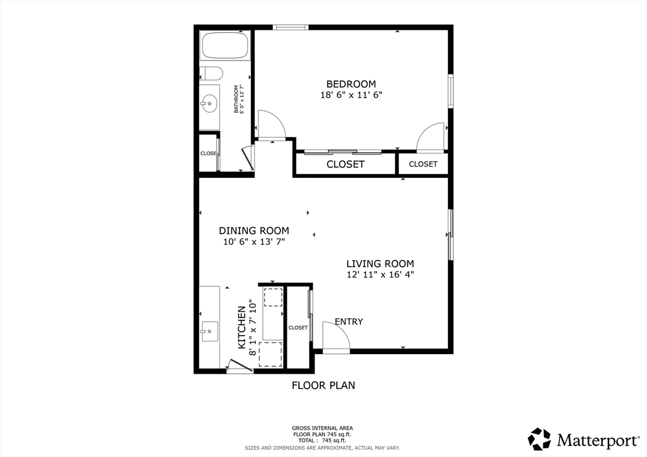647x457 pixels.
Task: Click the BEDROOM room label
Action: tap(351, 84)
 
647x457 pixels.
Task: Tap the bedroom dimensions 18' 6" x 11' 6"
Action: tap(351, 95)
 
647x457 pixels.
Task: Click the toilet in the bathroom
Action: tap(211, 74)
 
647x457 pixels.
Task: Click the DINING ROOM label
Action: tap(254, 231)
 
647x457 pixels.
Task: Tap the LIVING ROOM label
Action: tap(380, 264)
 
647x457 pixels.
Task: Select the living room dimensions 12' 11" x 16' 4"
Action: tap(380, 275)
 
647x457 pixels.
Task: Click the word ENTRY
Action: tap(349, 321)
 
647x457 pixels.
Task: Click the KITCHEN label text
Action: tap(242, 328)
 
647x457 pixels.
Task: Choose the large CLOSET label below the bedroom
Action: tap(346, 164)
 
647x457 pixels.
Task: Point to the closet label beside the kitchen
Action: tap(298, 328)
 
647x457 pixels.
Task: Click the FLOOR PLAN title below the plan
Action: tap(323, 385)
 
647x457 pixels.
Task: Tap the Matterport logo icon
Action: tap(540, 439)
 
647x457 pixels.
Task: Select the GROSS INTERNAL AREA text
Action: tap(322, 428)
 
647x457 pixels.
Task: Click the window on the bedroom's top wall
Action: tap(291, 28)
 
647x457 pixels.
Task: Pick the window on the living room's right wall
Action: tap(450, 234)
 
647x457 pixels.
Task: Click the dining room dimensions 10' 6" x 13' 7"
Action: tap(254, 242)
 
